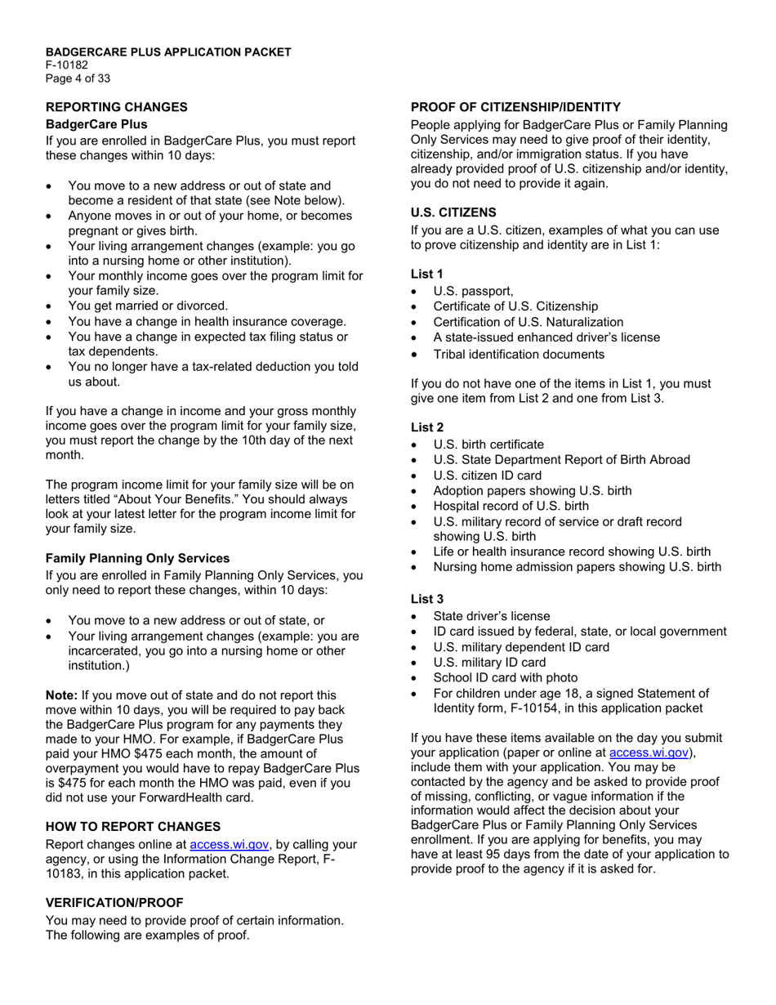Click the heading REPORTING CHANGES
pos(116,107)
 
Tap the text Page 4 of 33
pos(78,79)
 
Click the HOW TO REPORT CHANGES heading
pos(133,827)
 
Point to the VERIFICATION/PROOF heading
pos(114,903)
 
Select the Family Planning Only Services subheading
pos(137,559)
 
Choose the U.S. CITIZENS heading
pos(453,212)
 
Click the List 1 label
pos(427,274)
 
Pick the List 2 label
pos(427,427)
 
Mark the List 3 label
pos(427,599)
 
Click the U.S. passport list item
pos(474,291)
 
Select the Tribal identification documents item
pos(519,354)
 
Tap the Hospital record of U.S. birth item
pos(511,506)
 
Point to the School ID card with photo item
pos(505,677)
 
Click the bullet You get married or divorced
pos(148,306)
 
